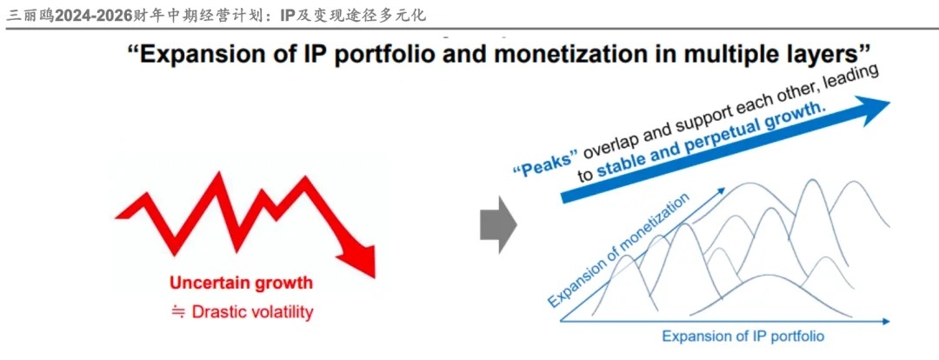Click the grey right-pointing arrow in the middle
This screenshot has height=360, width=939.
pyautogui.click(x=498, y=224)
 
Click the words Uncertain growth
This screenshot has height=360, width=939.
pyautogui.click(x=242, y=282)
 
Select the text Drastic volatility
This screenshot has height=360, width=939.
pyautogui.click(x=252, y=312)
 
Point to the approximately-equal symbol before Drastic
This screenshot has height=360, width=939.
pyautogui.click(x=178, y=312)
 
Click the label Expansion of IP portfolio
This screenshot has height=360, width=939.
pyautogui.click(x=743, y=336)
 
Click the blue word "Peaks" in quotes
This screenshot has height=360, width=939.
pyautogui.click(x=545, y=163)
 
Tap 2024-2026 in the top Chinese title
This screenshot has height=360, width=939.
pyautogui.click(x=93, y=15)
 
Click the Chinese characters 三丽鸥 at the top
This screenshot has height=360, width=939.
pyautogui.click(x=28, y=15)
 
